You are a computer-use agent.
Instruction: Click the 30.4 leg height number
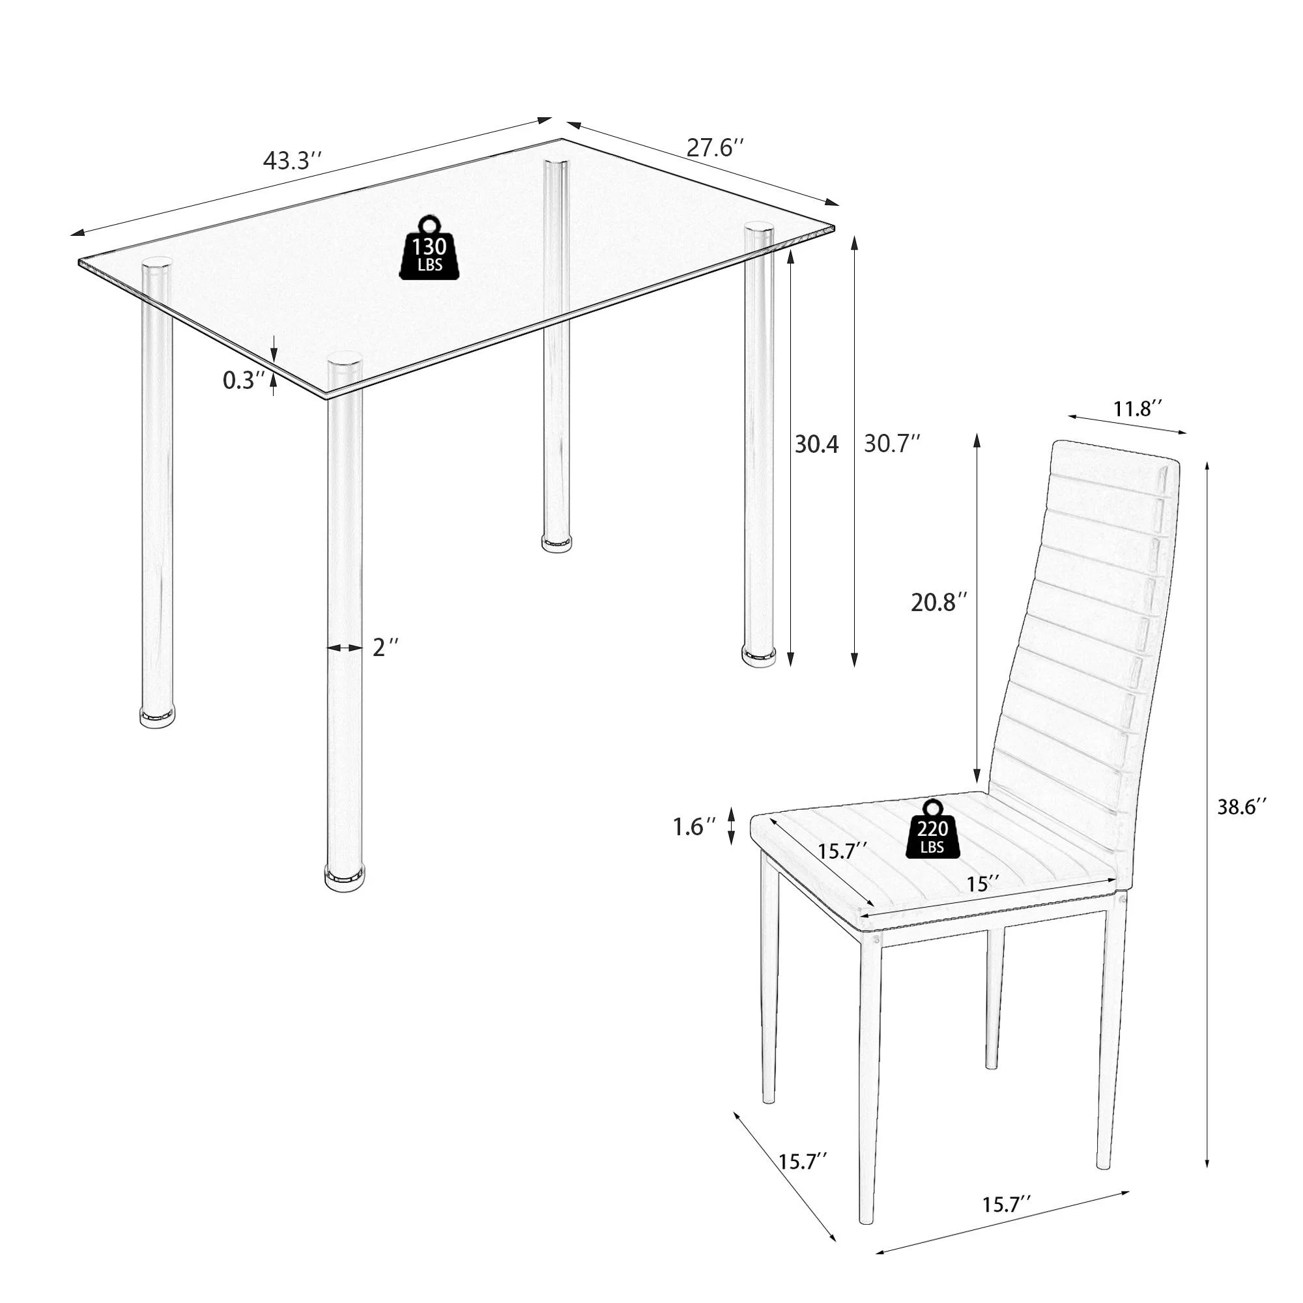(816, 444)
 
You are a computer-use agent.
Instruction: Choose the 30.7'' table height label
(892, 444)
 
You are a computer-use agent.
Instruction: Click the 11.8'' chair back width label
(1138, 408)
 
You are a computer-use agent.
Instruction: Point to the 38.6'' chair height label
(1242, 807)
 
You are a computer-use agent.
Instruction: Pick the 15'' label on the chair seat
(982, 884)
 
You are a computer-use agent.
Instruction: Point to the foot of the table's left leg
(157, 716)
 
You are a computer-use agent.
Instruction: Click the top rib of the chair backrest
(1113, 459)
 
